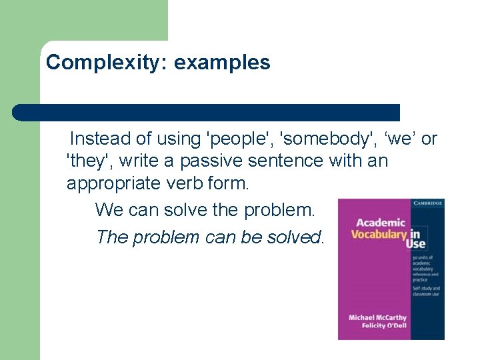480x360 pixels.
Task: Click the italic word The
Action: [x=112, y=237]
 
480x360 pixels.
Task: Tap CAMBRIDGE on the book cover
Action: [x=427, y=203]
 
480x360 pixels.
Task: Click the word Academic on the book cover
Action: [x=380, y=223]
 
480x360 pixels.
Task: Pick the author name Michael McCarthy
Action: [x=377, y=317]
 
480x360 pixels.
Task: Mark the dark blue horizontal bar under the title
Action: [x=207, y=112]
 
